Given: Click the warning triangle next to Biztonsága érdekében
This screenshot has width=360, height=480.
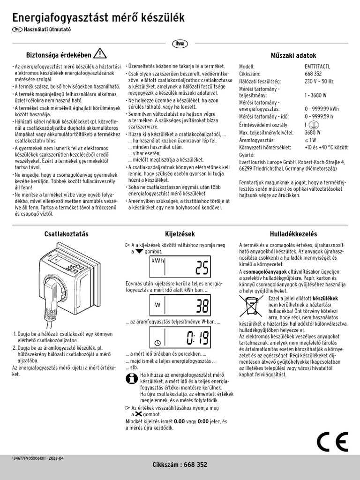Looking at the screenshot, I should (x=100, y=53).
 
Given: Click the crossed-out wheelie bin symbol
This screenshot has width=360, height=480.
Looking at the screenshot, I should (x=253, y=306).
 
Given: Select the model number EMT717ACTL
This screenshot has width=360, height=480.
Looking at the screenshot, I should (x=317, y=67).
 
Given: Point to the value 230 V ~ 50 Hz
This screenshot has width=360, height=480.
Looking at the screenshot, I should (x=319, y=81).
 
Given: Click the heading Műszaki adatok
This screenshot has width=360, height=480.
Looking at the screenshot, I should (x=293, y=55).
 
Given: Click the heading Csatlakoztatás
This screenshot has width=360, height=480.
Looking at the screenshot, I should (x=66, y=233).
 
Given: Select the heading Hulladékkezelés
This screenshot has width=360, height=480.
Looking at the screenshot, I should (x=293, y=233).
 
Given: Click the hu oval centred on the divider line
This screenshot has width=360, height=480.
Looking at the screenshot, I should (x=180, y=44).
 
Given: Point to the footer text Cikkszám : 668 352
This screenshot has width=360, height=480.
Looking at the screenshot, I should (x=180, y=465).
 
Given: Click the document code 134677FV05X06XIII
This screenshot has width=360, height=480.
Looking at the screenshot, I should (x=31, y=458).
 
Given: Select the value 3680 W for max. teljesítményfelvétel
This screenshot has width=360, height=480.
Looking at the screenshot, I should (x=312, y=132).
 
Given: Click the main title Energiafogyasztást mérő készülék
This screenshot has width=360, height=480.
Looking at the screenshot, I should (x=98, y=18).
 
